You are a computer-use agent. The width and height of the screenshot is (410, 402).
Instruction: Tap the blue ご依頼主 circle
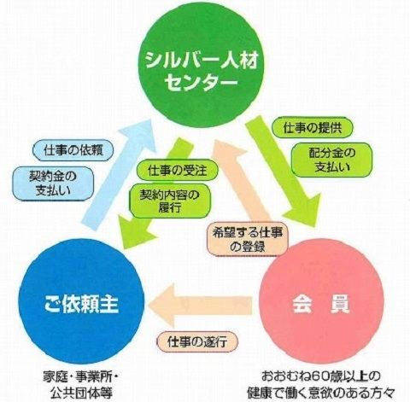point(81,300)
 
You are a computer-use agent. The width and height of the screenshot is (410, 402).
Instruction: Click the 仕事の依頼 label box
point(73,150)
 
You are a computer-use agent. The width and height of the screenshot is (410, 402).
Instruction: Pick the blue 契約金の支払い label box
point(53,184)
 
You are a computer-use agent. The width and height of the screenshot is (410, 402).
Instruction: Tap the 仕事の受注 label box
point(177,171)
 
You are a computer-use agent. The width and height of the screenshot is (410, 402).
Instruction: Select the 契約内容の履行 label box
point(170,201)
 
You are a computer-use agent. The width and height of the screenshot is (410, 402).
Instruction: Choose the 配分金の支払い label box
point(332,160)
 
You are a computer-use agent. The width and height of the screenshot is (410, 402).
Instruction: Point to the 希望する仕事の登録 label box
point(248,239)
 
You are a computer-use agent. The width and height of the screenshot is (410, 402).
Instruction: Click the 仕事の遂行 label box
point(197,341)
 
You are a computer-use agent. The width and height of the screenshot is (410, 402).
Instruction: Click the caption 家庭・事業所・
point(80,377)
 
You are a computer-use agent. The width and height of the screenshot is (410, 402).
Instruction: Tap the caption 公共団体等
point(81,393)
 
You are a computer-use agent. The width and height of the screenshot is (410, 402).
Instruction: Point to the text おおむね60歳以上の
point(321,377)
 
